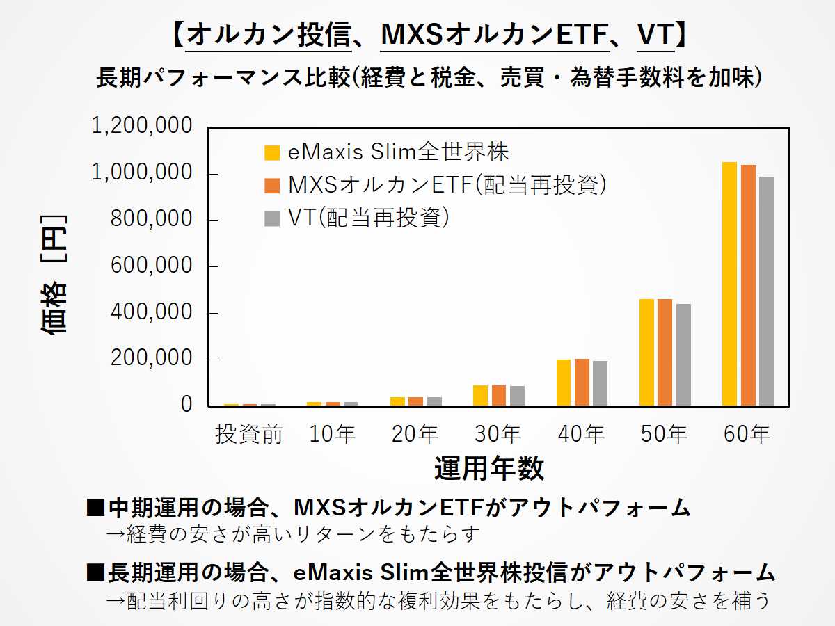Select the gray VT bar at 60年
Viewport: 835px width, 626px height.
(766, 291)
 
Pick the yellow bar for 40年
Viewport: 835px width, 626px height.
(564, 383)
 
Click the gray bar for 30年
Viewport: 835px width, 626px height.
(517, 396)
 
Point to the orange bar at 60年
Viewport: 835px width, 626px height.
(748, 285)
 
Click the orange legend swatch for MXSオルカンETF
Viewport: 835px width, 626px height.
(272, 186)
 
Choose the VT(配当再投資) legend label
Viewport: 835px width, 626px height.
(368, 218)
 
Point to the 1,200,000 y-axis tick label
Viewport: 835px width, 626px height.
(142, 127)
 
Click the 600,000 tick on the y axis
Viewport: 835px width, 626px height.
(151, 266)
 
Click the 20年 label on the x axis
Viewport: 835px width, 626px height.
(415, 435)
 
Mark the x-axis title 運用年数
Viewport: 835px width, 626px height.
(489, 469)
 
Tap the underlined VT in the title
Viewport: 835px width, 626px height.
(655, 35)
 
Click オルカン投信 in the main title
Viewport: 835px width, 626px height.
(269, 35)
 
